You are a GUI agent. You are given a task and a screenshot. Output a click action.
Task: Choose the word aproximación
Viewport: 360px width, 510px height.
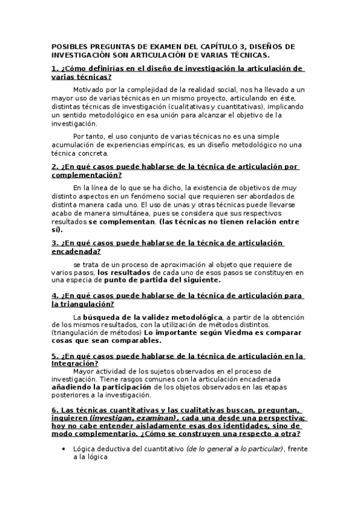click(159, 264)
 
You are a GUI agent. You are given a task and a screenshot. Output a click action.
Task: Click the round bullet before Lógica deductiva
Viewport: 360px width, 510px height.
click(64, 449)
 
